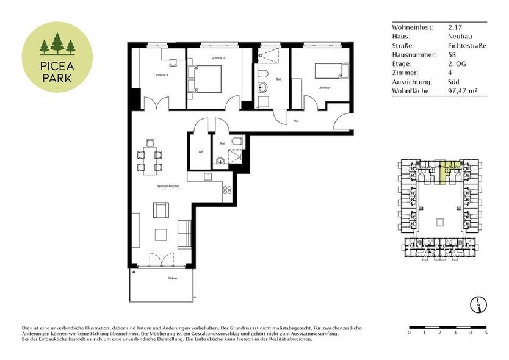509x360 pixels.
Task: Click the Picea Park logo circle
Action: point(57,57)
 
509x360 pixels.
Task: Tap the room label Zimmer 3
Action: point(162,75)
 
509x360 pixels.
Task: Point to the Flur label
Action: point(295,121)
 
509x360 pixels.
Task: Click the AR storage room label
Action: point(200,152)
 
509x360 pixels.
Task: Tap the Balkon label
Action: point(172,278)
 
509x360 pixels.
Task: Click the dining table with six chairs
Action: point(150,155)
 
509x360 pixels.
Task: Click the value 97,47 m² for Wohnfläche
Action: point(462,91)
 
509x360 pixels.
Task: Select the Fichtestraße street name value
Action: point(466,45)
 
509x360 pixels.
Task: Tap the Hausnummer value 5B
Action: point(452,54)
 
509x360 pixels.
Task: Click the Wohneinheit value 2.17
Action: point(454,27)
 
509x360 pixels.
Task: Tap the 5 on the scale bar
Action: point(486,333)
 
